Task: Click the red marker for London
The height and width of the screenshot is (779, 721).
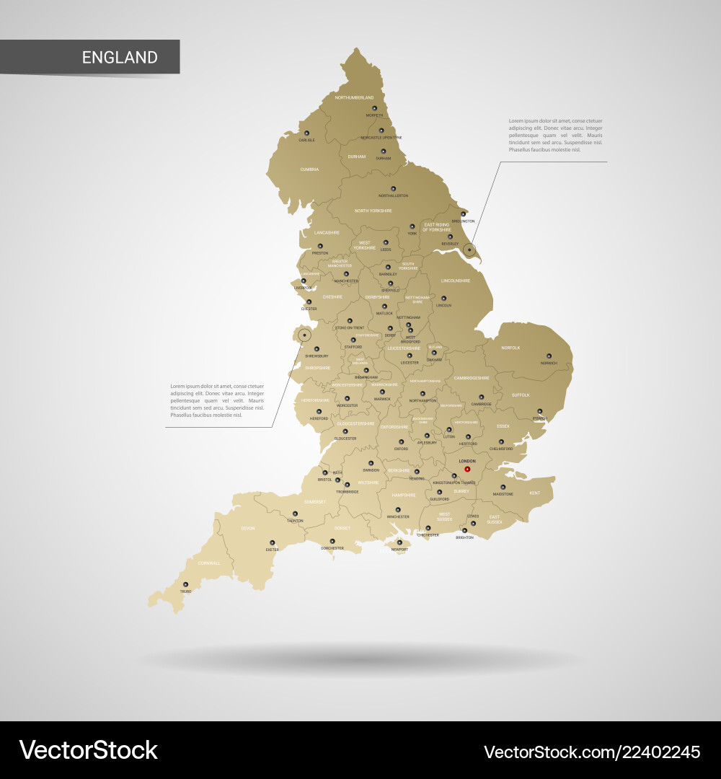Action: point(467,470)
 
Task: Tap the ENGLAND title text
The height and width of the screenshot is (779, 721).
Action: point(120,58)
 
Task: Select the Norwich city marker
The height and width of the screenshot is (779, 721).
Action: point(549,356)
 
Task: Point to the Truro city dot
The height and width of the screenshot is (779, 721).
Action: point(185,584)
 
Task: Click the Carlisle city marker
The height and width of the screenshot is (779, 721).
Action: point(306,133)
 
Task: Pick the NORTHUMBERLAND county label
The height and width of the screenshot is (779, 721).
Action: point(354,97)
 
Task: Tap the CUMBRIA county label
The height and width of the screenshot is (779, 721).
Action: point(309,170)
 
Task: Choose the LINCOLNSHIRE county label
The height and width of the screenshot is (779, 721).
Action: point(455,281)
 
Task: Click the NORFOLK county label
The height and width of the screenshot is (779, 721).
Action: point(510,348)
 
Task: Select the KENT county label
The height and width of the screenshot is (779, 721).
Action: point(534,493)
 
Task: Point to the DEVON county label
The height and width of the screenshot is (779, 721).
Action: point(247,529)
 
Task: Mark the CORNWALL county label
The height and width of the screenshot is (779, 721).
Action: point(209,563)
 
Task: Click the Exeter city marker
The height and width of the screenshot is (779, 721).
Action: point(273,542)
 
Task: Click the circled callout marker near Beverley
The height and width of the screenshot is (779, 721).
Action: point(469,250)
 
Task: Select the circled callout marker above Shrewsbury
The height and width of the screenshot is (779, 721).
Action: point(305,335)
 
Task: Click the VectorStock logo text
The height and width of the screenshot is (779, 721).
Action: point(88,750)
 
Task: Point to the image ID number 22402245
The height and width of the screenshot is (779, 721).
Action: point(663,752)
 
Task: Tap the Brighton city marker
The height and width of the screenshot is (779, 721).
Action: point(464,531)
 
